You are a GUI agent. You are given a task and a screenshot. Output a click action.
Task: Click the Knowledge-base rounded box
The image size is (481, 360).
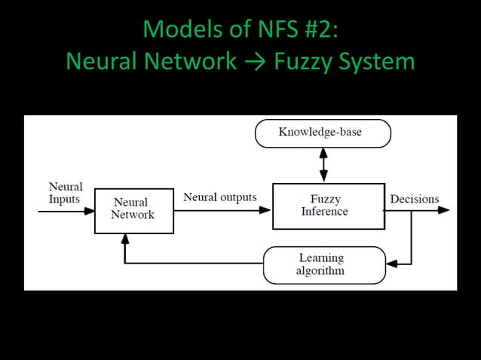tap(323, 133)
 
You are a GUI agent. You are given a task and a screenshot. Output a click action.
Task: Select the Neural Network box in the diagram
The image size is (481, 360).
tap(133, 209)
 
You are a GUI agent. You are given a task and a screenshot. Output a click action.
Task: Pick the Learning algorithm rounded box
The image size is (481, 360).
tap(323, 265)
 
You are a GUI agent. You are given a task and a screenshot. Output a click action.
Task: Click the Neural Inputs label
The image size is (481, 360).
tap(66, 193)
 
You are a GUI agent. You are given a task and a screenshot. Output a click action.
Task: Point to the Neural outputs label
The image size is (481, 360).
tap(220, 197)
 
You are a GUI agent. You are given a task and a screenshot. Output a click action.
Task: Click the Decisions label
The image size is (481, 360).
tap(414, 200)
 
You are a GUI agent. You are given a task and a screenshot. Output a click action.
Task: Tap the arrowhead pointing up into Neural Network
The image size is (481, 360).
tap(125, 238)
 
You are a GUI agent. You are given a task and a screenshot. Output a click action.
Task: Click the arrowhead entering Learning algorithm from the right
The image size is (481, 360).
tap(391, 263)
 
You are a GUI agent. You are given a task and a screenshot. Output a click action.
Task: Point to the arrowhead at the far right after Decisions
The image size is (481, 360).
tap(444, 210)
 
